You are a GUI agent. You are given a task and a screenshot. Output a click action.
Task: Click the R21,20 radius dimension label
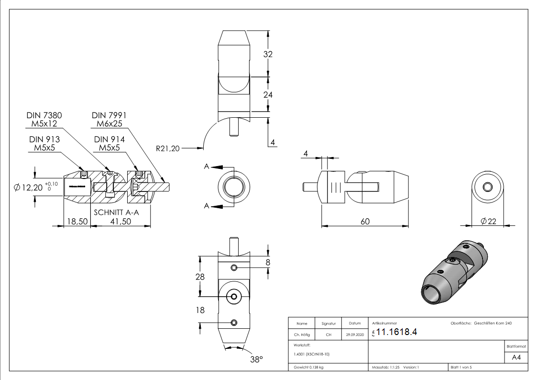[x=167, y=148]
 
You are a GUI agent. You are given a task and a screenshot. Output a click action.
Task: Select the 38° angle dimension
[x=257, y=359]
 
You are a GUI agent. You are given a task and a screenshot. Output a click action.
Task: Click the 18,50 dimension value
[x=77, y=222]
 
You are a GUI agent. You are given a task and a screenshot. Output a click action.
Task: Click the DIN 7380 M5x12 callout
[x=44, y=120]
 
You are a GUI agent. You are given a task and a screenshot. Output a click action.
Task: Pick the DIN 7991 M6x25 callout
[x=109, y=120]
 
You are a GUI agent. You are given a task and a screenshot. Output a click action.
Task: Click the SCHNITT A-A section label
[x=116, y=212]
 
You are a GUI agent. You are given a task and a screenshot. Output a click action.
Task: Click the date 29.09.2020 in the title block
[x=354, y=335]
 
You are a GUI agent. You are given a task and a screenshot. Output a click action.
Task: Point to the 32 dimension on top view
[x=268, y=54]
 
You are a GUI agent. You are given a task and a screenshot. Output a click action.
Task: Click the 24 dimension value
[x=268, y=95]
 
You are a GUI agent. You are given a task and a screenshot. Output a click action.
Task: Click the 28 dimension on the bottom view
[x=200, y=277]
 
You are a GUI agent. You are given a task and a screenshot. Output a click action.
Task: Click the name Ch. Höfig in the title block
[x=302, y=335]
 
